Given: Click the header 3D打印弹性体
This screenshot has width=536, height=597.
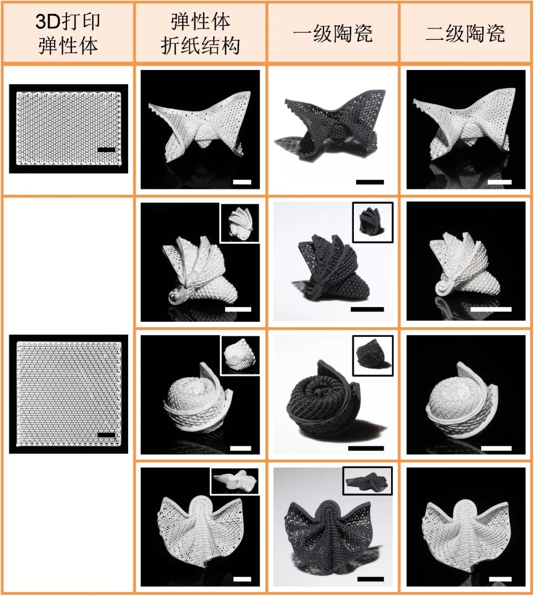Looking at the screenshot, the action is (x=68, y=33).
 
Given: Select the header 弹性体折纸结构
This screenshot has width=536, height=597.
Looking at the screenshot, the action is (x=201, y=33).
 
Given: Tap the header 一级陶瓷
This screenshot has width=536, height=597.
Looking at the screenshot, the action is (x=333, y=34).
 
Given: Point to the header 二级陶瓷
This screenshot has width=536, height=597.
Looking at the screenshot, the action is (x=466, y=34).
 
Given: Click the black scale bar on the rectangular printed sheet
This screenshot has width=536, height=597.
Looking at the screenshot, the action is (x=106, y=149).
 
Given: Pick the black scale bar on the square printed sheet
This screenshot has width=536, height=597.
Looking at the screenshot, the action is (x=106, y=435).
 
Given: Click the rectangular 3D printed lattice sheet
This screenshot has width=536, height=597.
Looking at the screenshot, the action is (x=68, y=129).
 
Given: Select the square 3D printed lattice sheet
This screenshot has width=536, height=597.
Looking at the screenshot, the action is (x=69, y=393).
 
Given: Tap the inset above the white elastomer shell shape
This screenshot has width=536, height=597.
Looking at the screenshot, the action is (x=240, y=223).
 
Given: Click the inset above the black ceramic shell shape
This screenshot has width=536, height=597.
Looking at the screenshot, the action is (x=373, y=223).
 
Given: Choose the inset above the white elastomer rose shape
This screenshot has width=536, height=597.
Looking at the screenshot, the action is (x=240, y=356).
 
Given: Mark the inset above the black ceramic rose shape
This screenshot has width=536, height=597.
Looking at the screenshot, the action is (x=373, y=356).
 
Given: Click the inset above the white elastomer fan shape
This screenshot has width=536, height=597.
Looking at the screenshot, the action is (x=235, y=481).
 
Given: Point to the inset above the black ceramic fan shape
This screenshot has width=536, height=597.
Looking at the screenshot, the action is (x=368, y=481).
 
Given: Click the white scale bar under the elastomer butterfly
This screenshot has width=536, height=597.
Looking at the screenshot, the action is (x=242, y=182).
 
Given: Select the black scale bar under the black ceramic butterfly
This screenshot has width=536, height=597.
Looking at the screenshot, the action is (x=370, y=182).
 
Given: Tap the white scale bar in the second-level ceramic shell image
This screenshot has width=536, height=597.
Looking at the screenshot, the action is (x=491, y=309).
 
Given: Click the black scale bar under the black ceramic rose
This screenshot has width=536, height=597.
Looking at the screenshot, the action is (x=366, y=448).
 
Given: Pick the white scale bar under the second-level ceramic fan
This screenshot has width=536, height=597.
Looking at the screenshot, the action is (x=500, y=579).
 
